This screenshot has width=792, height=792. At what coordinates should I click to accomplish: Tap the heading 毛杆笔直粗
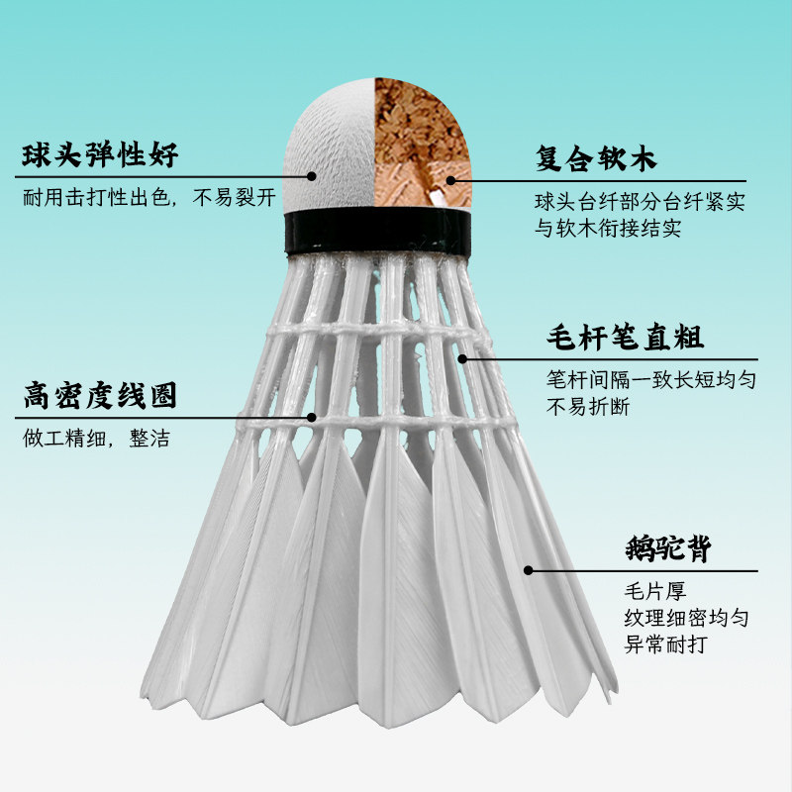(x=624, y=339)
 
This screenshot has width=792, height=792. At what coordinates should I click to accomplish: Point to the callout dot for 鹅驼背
(x=528, y=570)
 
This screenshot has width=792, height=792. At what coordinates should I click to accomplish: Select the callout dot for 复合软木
(x=451, y=179)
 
